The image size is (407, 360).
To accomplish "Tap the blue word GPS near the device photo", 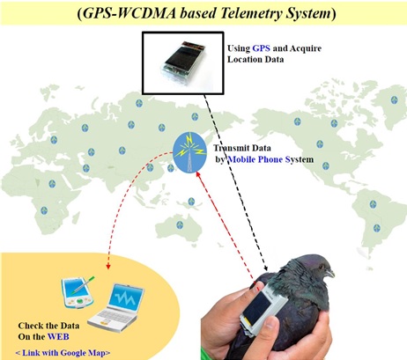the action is coord(261,48).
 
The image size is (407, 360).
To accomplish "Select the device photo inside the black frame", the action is coord(182,63).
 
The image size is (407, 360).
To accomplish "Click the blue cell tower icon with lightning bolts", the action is coord(189,152).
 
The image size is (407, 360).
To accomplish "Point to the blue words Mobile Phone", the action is coord(255,159).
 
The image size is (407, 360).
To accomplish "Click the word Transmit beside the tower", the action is coord(233,148).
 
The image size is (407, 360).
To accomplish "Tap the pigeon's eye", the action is coord(322,267).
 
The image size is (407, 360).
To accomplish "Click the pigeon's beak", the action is coord(330,274).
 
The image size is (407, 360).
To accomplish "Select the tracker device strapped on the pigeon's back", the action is coord(263,312).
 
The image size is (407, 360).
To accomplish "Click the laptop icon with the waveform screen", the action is coord(116,307).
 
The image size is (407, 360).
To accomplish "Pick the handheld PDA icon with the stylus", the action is coord(78,292).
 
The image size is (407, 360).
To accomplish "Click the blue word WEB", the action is coord(58,336).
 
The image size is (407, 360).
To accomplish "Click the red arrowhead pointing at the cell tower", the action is coord(198,174).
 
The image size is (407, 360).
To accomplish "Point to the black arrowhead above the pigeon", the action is coord(266,268).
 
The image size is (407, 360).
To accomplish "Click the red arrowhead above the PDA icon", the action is coord(108,267).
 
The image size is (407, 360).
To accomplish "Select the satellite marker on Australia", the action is coord(180,225).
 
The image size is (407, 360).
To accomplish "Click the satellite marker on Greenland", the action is coord(394,99).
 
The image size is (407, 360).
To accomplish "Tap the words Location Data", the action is coord(255,59).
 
